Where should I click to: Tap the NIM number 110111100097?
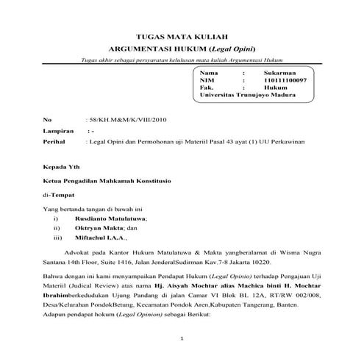coord(288,81)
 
